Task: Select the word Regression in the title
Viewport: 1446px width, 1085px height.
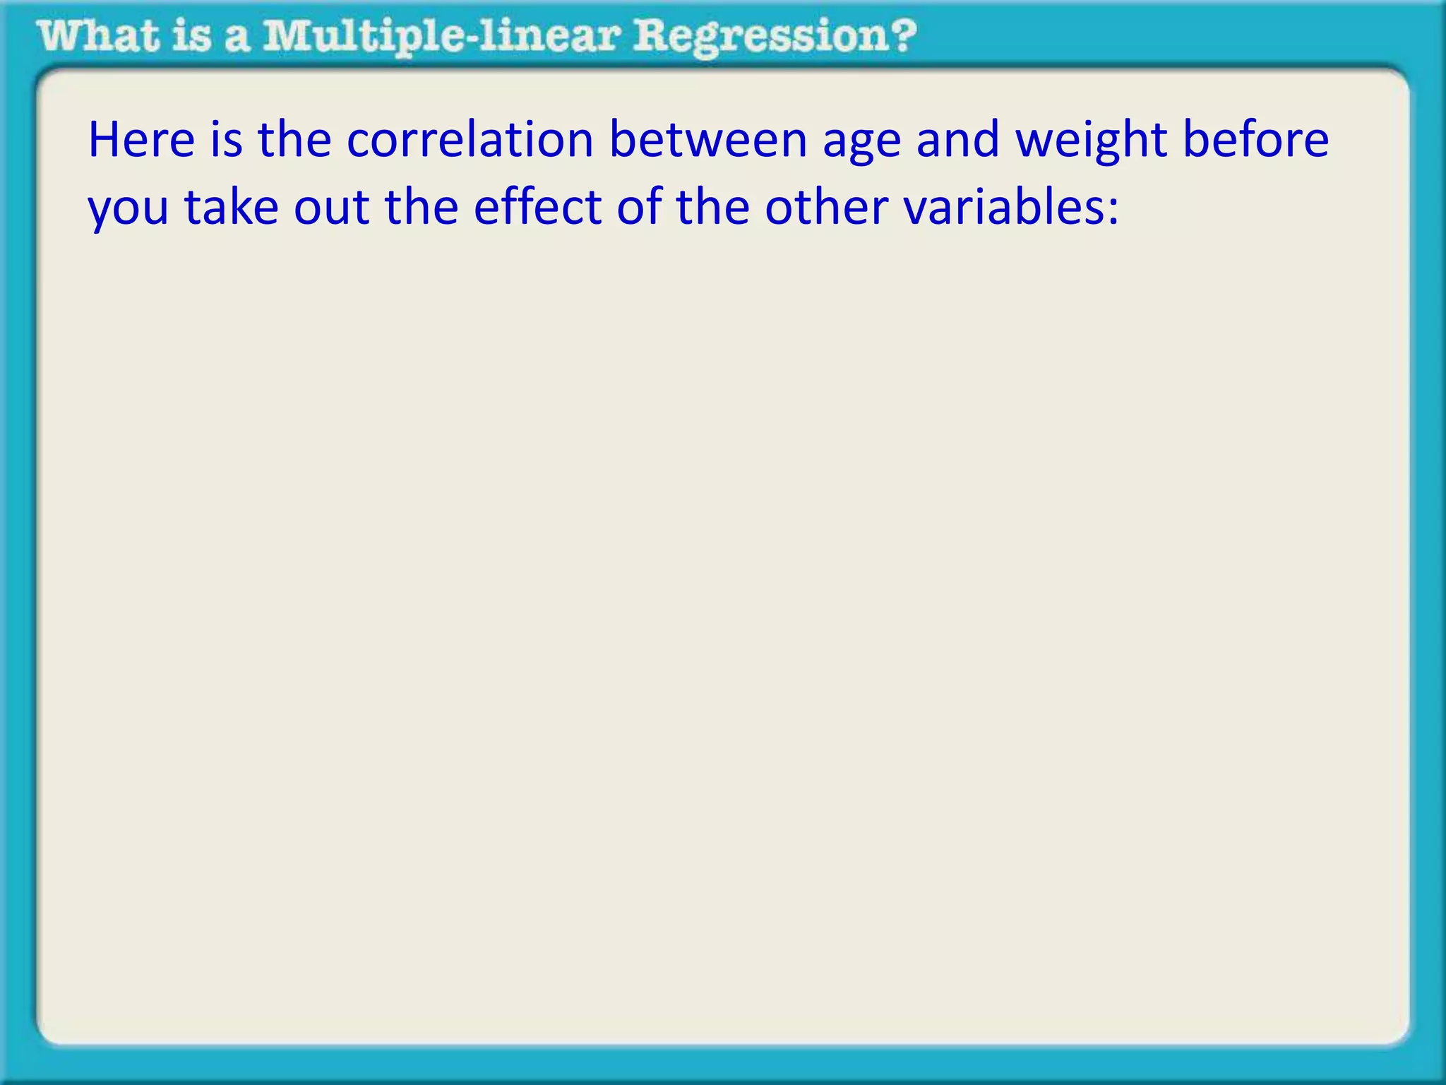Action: tap(755, 37)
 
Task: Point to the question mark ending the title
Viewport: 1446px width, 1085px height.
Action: tap(902, 35)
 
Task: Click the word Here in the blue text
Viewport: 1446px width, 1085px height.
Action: tap(141, 139)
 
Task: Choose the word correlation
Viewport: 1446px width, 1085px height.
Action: tap(470, 139)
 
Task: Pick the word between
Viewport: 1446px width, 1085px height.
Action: tap(707, 139)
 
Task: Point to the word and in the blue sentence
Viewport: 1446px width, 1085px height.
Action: tap(957, 139)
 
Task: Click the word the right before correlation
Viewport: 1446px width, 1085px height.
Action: tap(294, 139)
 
